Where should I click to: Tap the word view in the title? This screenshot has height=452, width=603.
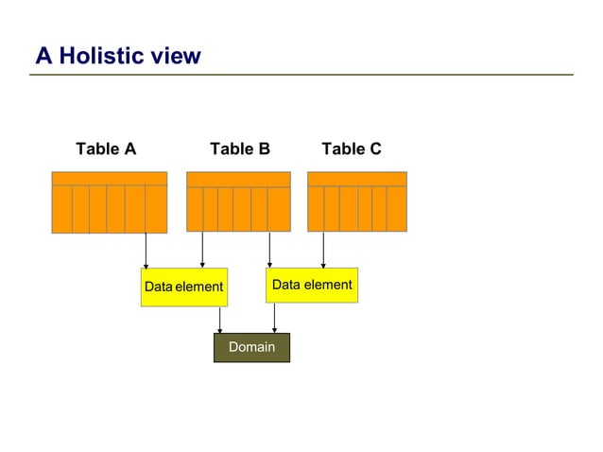(177, 56)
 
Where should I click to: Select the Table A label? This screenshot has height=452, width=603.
(106, 148)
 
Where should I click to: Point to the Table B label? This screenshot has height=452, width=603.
(240, 148)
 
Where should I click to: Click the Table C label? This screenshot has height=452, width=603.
(352, 148)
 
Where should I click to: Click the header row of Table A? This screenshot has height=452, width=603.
(109, 179)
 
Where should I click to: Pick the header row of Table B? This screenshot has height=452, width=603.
(238, 179)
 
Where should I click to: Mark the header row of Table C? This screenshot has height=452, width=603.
(357, 179)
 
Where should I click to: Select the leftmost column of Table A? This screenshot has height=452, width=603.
(61, 209)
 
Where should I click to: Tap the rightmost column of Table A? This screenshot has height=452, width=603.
(156, 209)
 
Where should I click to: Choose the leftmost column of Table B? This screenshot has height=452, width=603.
(195, 209)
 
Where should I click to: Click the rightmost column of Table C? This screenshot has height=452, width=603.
(397, 209)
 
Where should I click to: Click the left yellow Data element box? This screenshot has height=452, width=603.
(184, 287)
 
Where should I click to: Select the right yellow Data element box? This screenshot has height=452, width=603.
(312, 285)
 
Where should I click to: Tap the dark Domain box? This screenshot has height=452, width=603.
(251, 347)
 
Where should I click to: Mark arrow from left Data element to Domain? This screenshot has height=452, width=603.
(219, 320)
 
